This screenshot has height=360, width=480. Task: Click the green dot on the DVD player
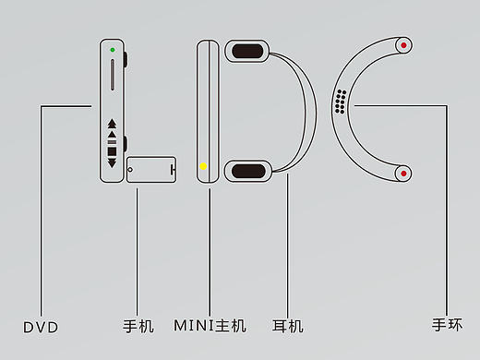(x=112, y=49)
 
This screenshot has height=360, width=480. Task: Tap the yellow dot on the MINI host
(x=204, y=167)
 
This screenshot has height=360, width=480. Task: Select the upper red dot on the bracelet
(x=404, y=45)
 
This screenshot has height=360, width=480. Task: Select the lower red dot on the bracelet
(x=404, y=173)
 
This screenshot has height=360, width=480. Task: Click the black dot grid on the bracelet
(x=341, y=101)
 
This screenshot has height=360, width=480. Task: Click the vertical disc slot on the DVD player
(x=113, y=76)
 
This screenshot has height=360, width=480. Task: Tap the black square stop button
(x=113, y=150)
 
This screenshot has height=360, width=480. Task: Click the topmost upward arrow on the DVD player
(x=113, y=123)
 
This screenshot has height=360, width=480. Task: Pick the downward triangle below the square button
(x=113, y=163)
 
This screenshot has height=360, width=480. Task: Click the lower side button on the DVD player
(x=126, y=145)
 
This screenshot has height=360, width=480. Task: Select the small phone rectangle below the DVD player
(x=150, y=171)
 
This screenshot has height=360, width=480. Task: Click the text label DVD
(x=41, y=327)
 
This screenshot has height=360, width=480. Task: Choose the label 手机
(x=138, y=327)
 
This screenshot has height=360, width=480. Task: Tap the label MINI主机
(x=210, y=326)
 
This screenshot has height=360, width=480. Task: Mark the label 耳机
(x=288, y=326)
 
